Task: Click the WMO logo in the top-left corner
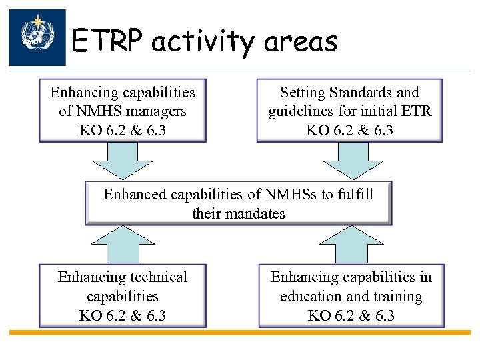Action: pyautogui.click(x=37, y=37)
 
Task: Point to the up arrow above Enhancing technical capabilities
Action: pyautogui.click(x=123, y=243)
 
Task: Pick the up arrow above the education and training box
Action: pyautogui.click(x=350, y=243)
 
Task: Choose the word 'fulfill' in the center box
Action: pyautogui.click(x=355, y=195)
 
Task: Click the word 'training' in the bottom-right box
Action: pyautogui.click(x=398, y=296)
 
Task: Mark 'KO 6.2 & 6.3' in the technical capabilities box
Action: pyautogui.click(x=123, y=315)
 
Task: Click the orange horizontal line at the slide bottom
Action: pyautogui.click(x=240, y=332)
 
